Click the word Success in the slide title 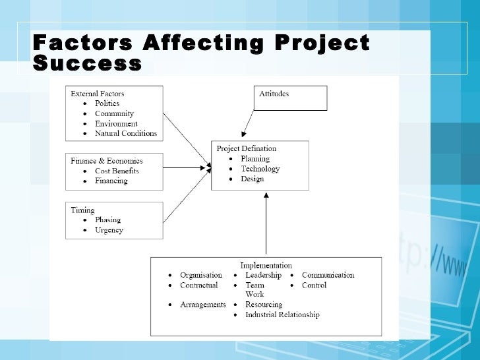click(x=87, y=64)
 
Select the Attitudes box click(x=291, y=98)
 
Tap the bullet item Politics click(x=107, y=104)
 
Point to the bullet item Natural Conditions click(x=126, y=133)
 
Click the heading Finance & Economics click(x=107, y=160)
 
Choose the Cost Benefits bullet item click(x=117, y=171)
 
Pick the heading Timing click(x=83, y=210)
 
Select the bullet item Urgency click(x=109, y=230)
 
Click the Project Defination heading click(x=247, y=148)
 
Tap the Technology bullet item click(x=260, y=169)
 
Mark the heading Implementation click(x=266, y=266)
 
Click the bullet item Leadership click(x=263, y=275)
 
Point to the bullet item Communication click(x=328, y=275)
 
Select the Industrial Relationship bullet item click(x=282, y=315)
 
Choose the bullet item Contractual click(x=199, y=285)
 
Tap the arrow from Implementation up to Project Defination click(x=266, y=224)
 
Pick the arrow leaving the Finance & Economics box click(x=187, y=167)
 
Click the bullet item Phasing click(x=107, y=220)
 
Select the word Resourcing click(x=264, y=305)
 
